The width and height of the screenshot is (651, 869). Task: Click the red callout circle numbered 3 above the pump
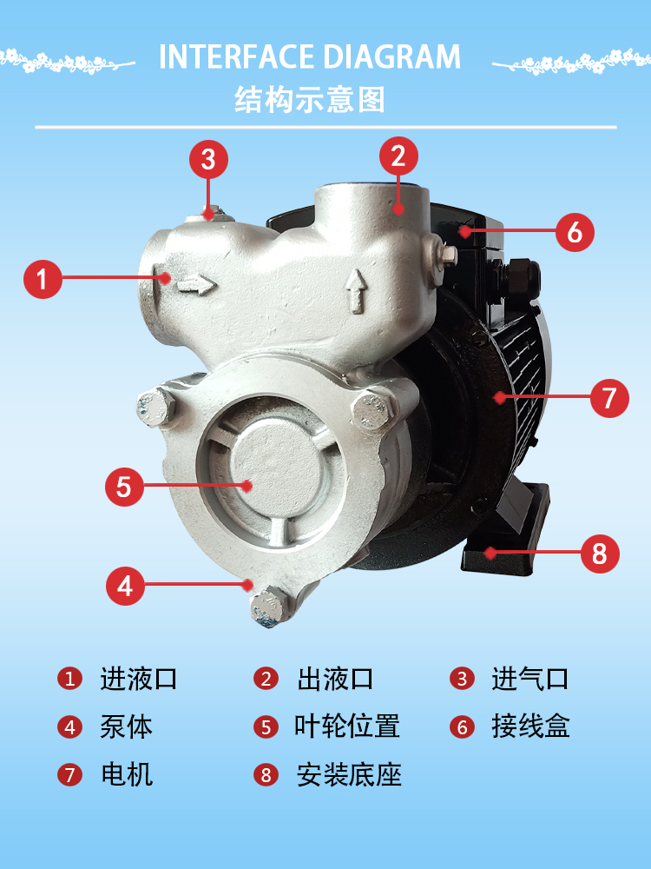(x=208, y=159)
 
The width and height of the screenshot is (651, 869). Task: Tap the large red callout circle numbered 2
(x=398, y=156)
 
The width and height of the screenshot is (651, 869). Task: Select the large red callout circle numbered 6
(x=575, y=232)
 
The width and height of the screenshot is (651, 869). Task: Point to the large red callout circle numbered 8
(x=600, y=553)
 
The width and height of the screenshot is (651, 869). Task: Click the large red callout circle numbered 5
(x=124, y=487)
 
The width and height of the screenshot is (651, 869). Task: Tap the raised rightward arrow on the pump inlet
(x=196, y=285)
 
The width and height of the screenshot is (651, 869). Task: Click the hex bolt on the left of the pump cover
(x=156, y=407)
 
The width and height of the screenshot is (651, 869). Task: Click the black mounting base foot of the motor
(x=505, y=529)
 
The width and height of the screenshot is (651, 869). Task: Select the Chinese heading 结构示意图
(x=310, y=100)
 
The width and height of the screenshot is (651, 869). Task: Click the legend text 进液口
(x=138, y=679)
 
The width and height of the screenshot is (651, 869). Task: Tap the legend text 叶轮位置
(x=347, y=726)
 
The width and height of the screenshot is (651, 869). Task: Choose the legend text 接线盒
(x=531, y=726)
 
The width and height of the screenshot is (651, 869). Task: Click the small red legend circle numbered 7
(x=69, y=775)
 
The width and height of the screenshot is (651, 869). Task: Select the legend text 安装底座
(x=349, y=775)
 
